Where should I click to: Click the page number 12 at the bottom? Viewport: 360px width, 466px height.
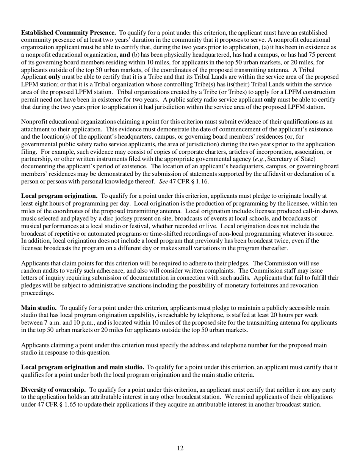(180, 448)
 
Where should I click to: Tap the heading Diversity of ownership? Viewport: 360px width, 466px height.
(53, 389)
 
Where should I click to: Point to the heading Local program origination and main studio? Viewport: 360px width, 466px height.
(82, 367)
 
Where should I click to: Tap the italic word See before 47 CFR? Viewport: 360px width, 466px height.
(163, 181)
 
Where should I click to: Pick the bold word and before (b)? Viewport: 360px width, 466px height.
(124, 55)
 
